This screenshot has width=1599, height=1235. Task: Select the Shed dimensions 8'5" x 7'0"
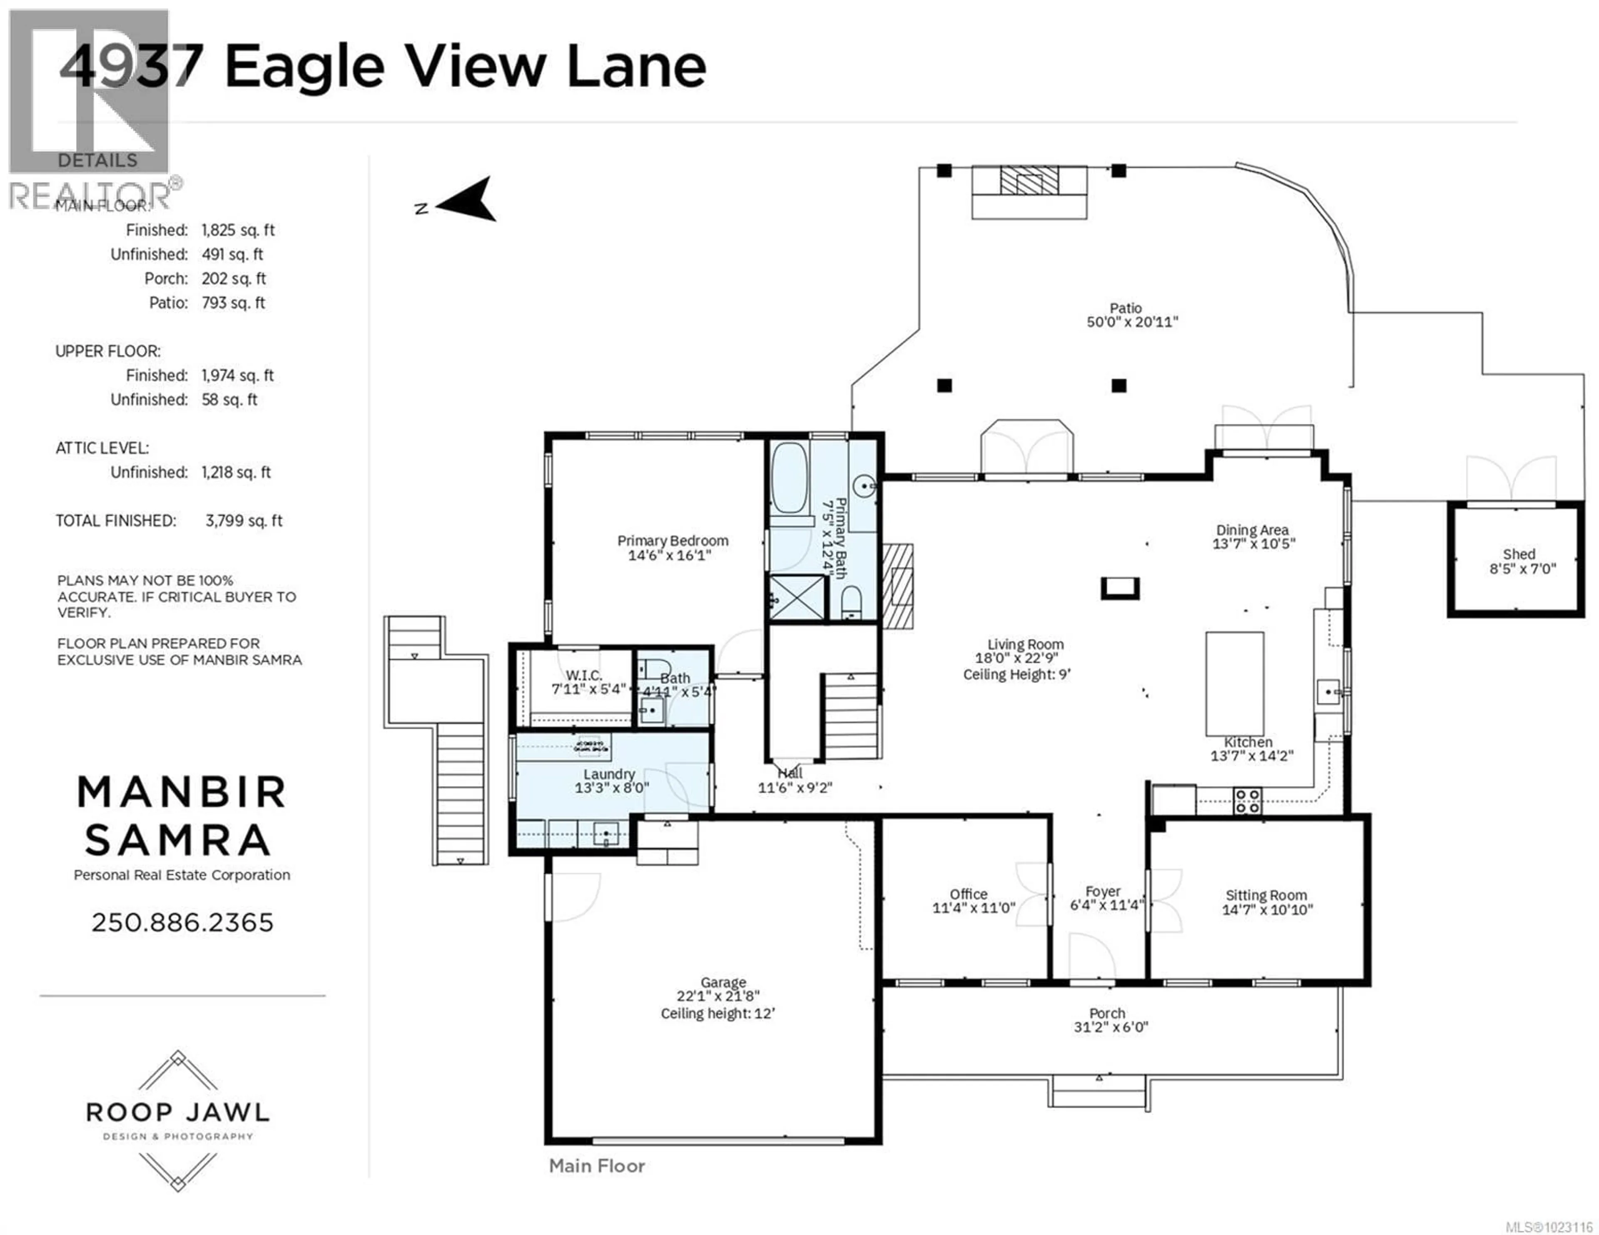click(1522, 569)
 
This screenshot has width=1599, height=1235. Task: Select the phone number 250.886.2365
click(182, 922)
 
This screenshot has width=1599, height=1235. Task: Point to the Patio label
click(1125, 308)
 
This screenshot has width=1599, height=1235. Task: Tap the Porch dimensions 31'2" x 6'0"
click(1110, 1027)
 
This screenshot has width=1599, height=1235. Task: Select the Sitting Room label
click(1266, 895)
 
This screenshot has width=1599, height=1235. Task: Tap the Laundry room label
click(608, 774)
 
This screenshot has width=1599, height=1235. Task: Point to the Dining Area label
click(1252, 530)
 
